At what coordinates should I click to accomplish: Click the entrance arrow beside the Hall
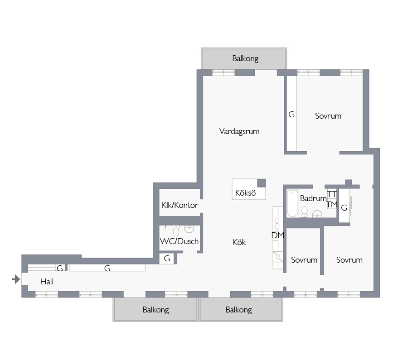click(16, 279)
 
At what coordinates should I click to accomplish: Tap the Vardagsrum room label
click(239, 131)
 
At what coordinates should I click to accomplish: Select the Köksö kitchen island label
click(245, 193)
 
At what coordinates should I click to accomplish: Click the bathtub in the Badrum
click(292, 203)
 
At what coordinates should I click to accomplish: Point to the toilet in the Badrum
click(305, 212)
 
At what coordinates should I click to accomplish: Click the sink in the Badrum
click(317, 214)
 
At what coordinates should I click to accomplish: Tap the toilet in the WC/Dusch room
click(176, 230)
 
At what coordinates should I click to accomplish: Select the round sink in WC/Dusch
click(189, 229)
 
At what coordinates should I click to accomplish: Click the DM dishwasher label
click(278, 235)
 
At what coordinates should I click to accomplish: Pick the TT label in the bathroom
click(332, 194)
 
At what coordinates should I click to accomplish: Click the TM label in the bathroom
click(332, 205)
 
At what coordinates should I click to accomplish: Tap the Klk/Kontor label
click(180, 205)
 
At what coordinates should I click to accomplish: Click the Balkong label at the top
click(245, 58)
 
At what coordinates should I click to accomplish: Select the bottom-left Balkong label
click(155, 310)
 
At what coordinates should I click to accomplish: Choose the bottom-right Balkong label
click(238, 310)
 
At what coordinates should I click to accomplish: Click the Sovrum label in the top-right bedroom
click(328, 116)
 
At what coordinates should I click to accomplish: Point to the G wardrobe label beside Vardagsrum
click(291, 115)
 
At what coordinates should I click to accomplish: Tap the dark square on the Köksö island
click(262, 183)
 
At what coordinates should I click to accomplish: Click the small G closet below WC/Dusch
click(167, 259)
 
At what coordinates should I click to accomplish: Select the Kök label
click(239, 242)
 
